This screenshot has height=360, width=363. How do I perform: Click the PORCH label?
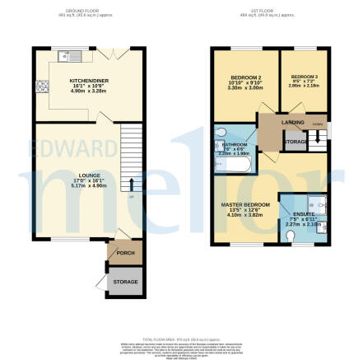tap(126, 253)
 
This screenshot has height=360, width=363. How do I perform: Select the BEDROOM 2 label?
tap(243, 79)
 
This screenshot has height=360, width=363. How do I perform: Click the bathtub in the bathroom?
tap(228, 163)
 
